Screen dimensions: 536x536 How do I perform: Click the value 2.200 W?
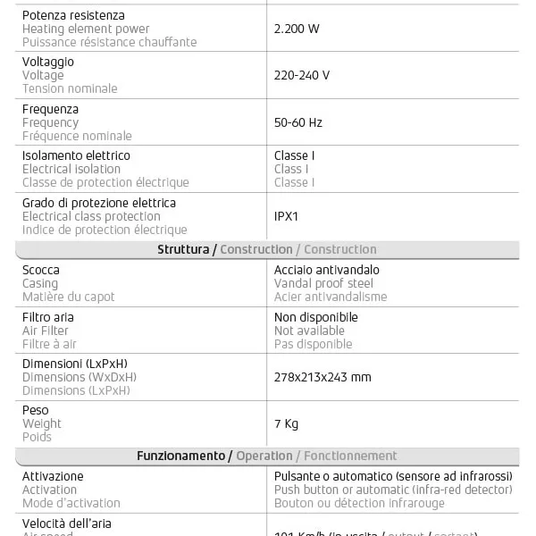pyautogui.click(x=297, y=29)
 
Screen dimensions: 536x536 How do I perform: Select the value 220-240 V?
pyautogui.click(x=302, y=75)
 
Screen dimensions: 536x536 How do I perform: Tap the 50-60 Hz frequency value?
pyautogui.click(x=298, y=122)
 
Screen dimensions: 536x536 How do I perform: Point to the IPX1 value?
pyautogui.click(x=288, y=216)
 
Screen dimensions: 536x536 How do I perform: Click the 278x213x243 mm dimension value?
pyautogui.click(x=322, y=377)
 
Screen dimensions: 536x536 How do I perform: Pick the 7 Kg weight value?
pyautogui.click(x=286, y=423)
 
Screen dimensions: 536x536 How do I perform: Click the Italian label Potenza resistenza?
pyautogui.click(x=73, y=15)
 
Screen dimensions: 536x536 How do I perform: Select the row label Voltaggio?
pyautogui.click(x=48, y=62)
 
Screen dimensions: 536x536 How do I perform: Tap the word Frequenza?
pyautogui.click(x=50, y=109)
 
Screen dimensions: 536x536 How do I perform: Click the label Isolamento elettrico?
pyautogui.click(x=76, y=155)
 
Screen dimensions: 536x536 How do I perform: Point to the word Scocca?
pyautogui.click(x=41, y=270)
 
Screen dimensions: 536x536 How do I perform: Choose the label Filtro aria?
pyautogui.click(x=48, y=317)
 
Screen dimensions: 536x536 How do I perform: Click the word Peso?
pyautogui.click(x=37, y=410)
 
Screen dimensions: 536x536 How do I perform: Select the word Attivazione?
pyautogui.click(x=53, y=476)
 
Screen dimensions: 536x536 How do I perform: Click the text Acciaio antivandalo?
pyautogui.click(x=327, y=270)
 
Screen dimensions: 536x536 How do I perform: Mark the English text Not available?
pyautogui.click(x=309, y=331)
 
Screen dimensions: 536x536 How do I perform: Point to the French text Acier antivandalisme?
pyautogui.click(x=331, y=297)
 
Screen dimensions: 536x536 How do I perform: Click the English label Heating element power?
pyautogui.click(x=86, y=29)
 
